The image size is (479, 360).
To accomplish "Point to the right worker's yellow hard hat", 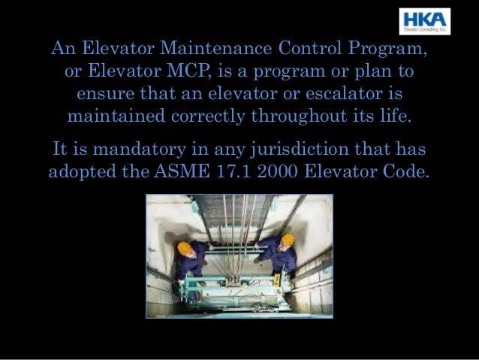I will click(287, 240).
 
